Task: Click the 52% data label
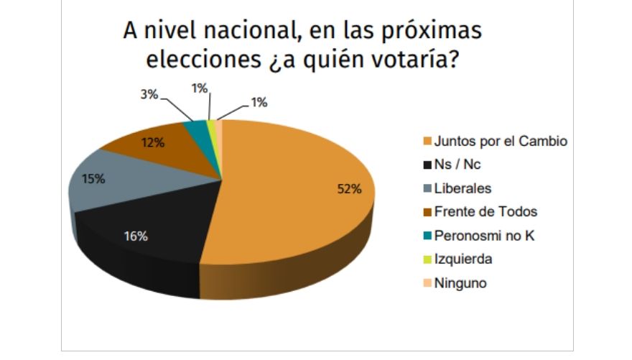[x=350, y=189]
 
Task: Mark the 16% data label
[x=137, y=236]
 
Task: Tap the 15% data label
[x=93, y=179]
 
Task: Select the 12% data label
[x=153, y=142]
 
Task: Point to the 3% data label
[x=149, y=93]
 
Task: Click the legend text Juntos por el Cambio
[x=501, y=141]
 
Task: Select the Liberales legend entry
[x=463, y=188]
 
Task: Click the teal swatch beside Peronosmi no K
[x=427, y=236]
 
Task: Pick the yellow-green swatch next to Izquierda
[x=427, y=259]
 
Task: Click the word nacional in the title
[x=236, y=32]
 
